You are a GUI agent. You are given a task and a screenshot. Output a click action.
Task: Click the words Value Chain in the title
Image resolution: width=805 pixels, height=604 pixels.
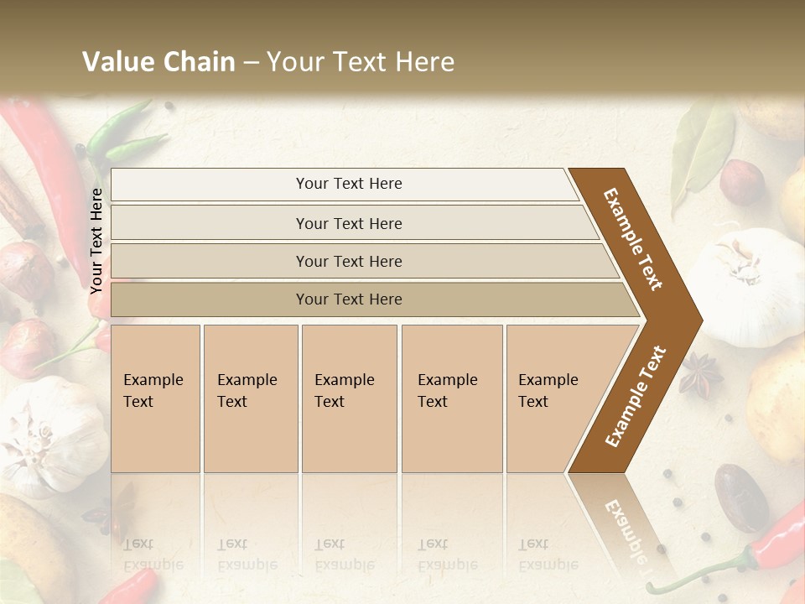(x=158, y=62)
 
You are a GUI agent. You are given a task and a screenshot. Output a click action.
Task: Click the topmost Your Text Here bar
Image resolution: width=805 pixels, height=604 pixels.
(x=348, y=184)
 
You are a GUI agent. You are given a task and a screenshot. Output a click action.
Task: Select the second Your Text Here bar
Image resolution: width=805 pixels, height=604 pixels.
(x=348, y=223)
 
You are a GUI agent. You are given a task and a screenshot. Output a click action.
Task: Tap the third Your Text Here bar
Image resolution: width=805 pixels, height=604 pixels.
(x=348, y=261)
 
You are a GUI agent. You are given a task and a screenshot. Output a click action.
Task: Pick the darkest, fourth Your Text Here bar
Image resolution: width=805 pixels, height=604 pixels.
(x=348, y=299)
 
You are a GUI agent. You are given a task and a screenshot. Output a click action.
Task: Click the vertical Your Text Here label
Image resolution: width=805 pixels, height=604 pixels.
(x=96, y=241)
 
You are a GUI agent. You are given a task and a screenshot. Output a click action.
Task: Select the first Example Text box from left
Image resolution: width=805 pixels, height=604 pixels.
(x=155, y=398)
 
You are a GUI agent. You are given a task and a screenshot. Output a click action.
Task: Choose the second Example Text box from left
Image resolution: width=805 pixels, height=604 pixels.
(x=250, y=398)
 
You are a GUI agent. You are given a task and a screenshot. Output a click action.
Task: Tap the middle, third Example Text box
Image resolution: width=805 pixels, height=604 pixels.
(x=348, y=398)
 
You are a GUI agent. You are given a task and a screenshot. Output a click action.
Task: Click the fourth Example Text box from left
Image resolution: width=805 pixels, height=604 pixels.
(x=451, y=398)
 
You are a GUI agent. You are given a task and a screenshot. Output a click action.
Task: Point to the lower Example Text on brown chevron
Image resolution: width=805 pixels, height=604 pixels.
(x=635, y=396)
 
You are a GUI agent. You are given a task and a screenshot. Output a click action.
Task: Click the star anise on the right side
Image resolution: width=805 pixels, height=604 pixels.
(x=700, y=374)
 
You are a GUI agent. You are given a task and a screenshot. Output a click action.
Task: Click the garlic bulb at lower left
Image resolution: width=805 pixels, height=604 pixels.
(x=50, y=432)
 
